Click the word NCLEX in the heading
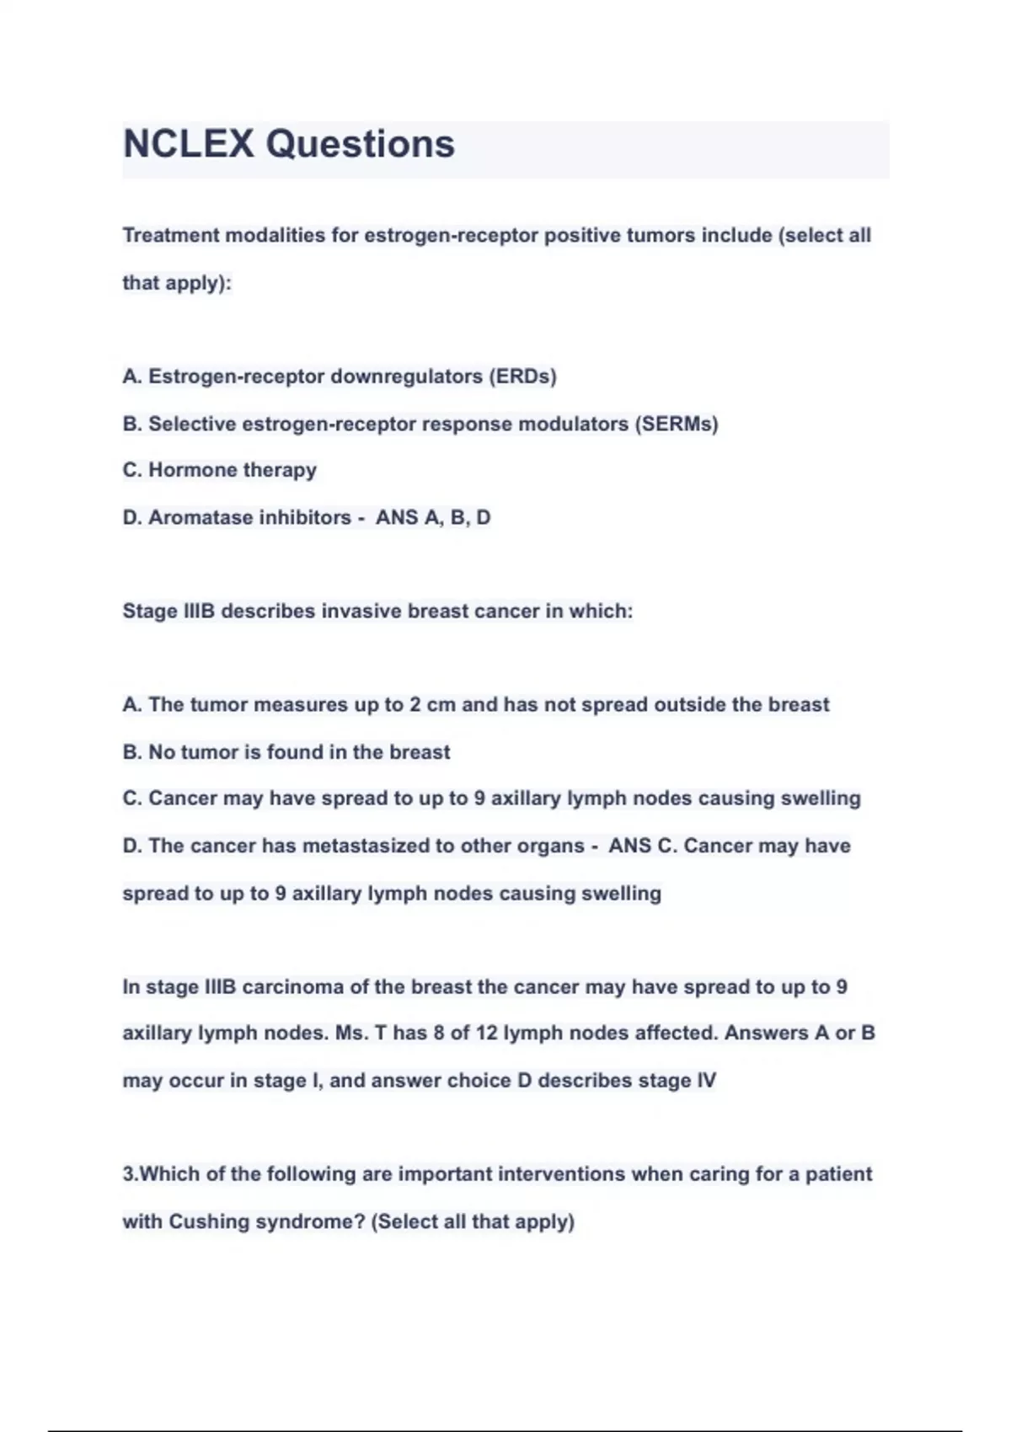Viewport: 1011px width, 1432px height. (188, 144)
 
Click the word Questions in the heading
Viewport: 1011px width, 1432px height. (361, 144)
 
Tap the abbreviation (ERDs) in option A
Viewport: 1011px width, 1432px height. (522, 377)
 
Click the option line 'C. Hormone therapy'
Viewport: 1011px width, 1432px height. (219, 470)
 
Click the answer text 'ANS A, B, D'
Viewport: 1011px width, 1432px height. (433, 517)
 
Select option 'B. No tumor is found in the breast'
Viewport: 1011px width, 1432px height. (286, 751)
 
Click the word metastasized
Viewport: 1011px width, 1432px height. (366, 846)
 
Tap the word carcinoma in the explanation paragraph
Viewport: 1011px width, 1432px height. (292, 986)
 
